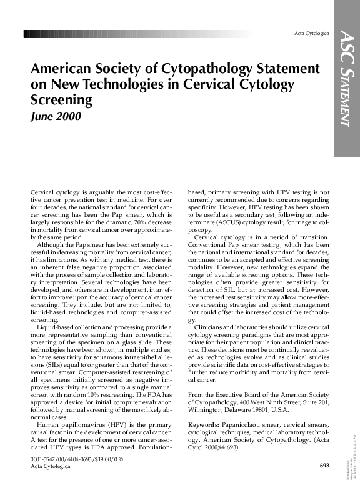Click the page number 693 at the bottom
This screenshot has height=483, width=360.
(324, 466)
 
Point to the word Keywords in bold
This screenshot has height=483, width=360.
(204, 426)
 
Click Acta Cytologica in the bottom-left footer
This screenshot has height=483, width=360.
(51, 467)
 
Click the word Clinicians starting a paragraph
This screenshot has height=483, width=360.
(213, 328)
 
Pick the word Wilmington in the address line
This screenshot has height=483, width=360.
(206, 411)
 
